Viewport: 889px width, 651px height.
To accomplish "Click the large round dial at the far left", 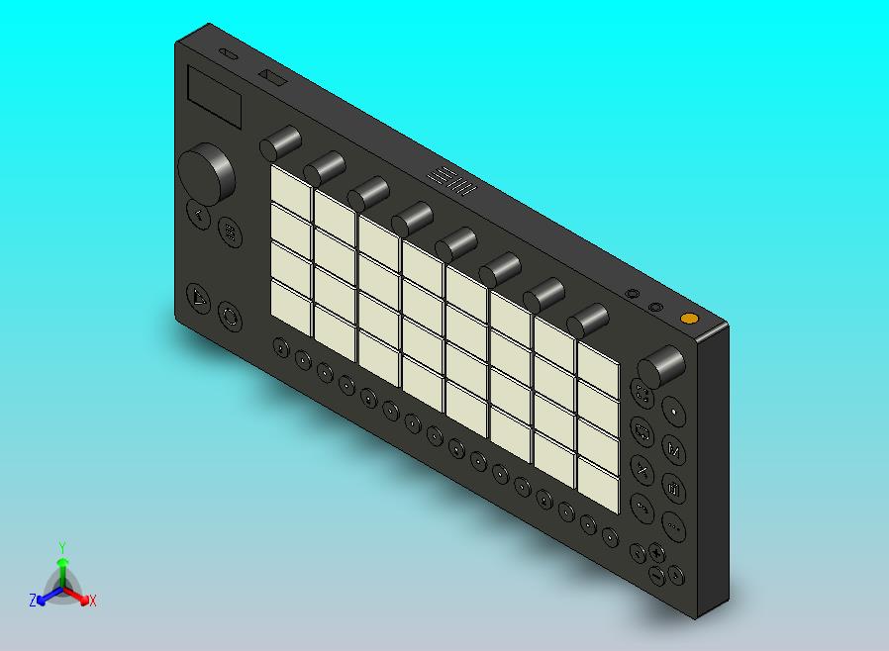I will tap(206, 173).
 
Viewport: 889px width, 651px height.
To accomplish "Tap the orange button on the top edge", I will tap(688, 319).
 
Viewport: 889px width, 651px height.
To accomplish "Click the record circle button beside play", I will tap(229, 318).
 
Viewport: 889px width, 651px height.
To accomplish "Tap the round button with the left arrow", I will tap(199, 215).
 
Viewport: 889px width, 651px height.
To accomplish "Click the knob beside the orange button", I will tap(660, 368).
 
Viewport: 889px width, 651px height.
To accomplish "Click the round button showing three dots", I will tap(673, 526).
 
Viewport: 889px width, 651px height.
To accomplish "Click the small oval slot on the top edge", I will tap(228, 55).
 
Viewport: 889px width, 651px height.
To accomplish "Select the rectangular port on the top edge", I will tap(271, 76).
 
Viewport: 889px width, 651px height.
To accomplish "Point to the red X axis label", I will tap(92, 601).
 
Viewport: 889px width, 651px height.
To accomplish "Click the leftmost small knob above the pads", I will tap(280, 143).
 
